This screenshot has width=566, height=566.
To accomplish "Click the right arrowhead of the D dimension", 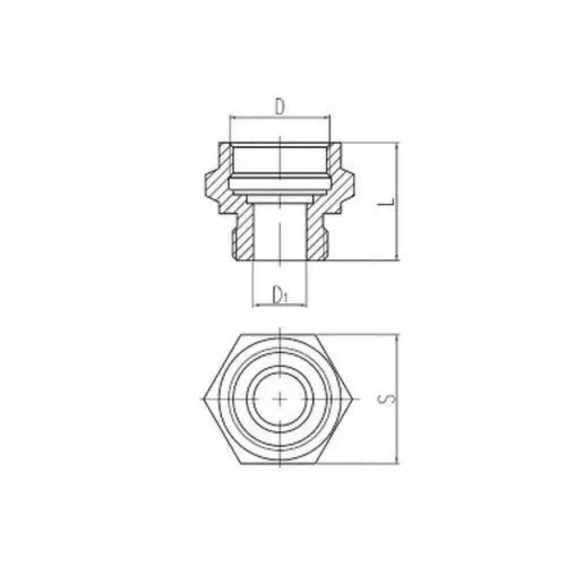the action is (x=327, y=117).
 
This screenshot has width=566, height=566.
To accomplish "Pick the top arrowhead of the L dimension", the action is (x=397, y=146).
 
